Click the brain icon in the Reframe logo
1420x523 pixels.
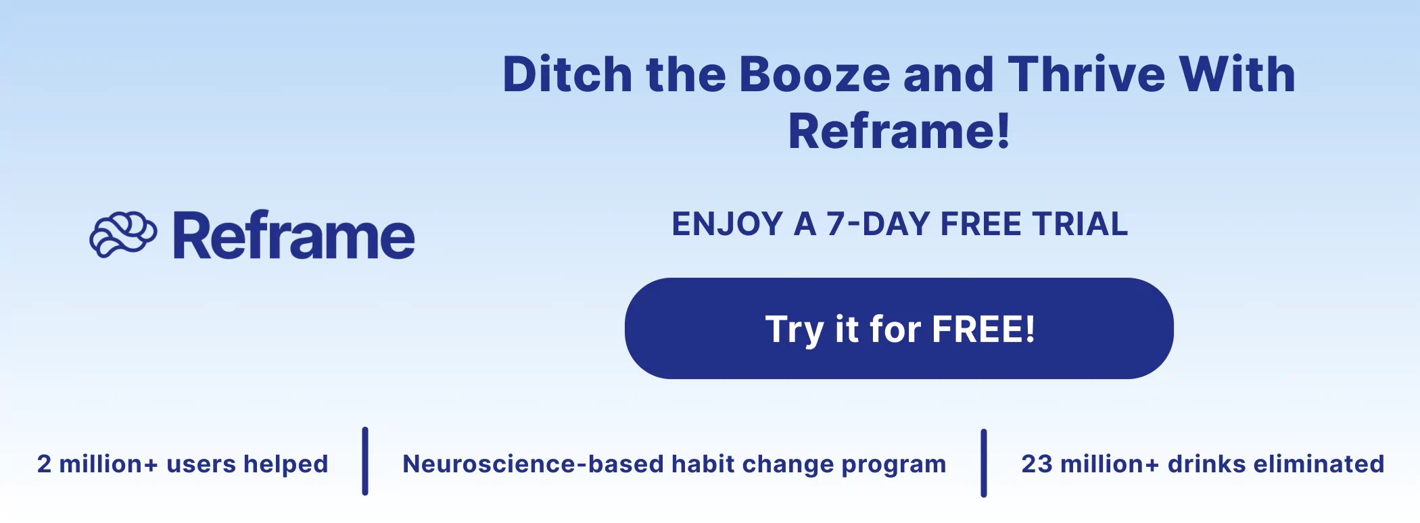(x=123, y=235)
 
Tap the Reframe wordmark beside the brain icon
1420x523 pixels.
(x=293, y=236)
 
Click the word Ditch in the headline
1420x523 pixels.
(x=567, y=74)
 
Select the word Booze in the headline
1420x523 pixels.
(x=815, y=74)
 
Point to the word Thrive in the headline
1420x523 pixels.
(x=1087, y=74)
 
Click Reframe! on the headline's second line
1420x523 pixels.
(x=899, y=131)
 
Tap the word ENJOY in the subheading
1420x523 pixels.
(x=727, y=224)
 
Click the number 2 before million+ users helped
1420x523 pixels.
(x=44, y=464)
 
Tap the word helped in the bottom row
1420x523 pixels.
(x=285, y=464)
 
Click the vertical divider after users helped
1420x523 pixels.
(x=365, y=462)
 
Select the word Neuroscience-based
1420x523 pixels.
(x=533, y=464)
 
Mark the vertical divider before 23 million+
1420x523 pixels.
(x=984, y=463)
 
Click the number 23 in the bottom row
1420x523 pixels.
(x=1037, y=464)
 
